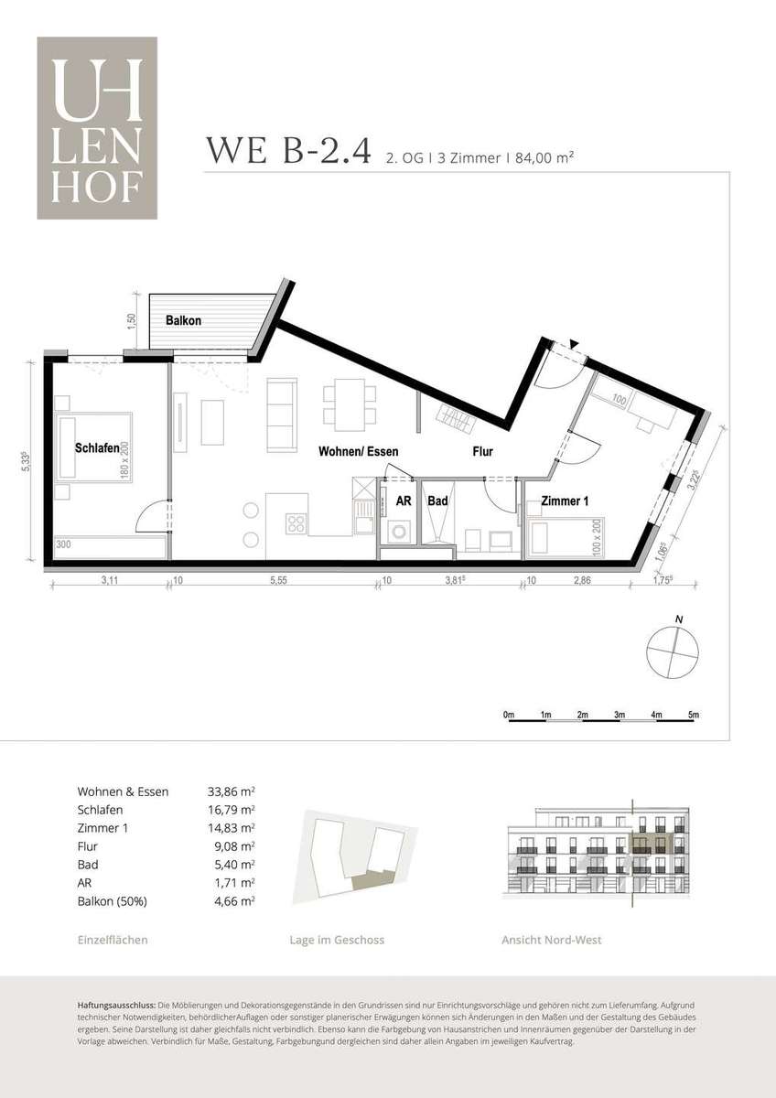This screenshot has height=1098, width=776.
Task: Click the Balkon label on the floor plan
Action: [x=183, y=320]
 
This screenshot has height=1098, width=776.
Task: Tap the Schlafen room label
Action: [x=97, y=447]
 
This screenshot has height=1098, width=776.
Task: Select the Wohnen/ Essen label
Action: [x=359, y=451]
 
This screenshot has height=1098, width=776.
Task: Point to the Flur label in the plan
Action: [x=483, y=451]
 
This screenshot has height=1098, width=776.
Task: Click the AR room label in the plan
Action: [x=404, y=501]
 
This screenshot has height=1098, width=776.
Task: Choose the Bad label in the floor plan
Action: [x=437, y=501]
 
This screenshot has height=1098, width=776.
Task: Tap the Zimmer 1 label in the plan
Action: [x=565, y=501]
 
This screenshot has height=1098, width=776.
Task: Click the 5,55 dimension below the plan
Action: [x=278, y=580]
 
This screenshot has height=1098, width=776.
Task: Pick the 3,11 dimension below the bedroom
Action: [x=110, y=580]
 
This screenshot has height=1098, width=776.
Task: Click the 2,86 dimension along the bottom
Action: [x=582, y=580]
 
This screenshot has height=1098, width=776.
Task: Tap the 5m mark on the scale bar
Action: [x=693, y=715]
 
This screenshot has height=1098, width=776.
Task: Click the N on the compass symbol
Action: [x=679, y=619]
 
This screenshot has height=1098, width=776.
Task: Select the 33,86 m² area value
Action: [x=231, y=791]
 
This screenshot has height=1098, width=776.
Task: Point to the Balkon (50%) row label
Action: [x=113, y=901]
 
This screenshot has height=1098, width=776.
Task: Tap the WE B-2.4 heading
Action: [x=287, y=150]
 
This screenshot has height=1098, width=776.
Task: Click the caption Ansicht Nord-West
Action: [x=552, y=941]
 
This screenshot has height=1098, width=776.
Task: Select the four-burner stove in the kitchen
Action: [x=296, y=523]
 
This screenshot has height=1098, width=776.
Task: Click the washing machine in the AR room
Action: [x=396, y=532]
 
